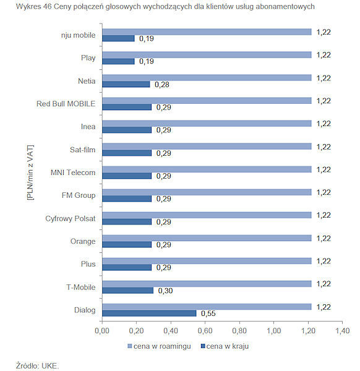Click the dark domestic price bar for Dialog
pos(149,313)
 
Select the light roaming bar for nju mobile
pos(207,32)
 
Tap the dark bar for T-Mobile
pos(128,291)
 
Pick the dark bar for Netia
pos(126,84)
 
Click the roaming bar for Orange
pos(207,238)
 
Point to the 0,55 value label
pos(208,313)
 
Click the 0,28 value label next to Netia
pos(162,85)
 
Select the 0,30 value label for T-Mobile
pos(165,291)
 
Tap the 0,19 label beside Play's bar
pos(147,61)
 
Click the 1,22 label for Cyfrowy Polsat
pos(324,215)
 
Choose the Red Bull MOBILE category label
pos(66,104)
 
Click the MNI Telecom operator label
pos(73,173)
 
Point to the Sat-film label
pos(83,150)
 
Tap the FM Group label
pos(79,195)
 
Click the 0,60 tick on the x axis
pos(205,331)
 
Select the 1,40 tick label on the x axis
pos(342,331)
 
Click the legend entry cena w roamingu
pos(160,346)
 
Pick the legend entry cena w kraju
pos(225,346)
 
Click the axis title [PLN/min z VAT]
pos(30,173)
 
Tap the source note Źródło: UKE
pos(37,365)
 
